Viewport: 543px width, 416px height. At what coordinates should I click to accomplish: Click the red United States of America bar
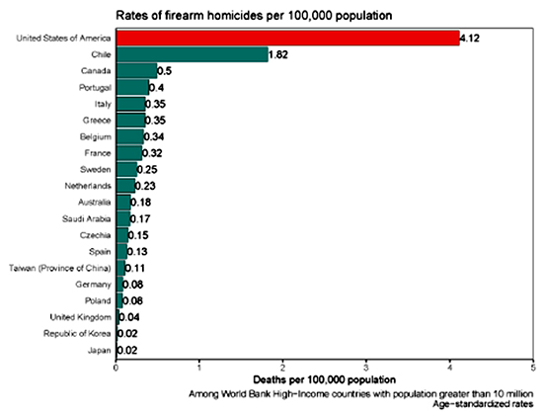pyautogui.click(x=287, y=38)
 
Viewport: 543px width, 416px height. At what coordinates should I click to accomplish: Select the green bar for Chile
pyautogui.click(x=193, y=54)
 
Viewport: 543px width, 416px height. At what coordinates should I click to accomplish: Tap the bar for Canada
pyautogui.click(x=137, y=71)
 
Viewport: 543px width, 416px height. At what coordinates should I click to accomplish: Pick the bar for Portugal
pyautogui.click(x=132, y=87)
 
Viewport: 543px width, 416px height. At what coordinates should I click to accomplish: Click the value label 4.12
pyautogui.click(x=470, y=39)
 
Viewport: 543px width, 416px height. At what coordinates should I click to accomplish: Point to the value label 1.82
pyautogui.click(x=278, y=54)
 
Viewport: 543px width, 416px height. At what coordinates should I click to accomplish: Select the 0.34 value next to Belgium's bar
pyautogui.click(x=154, y=136)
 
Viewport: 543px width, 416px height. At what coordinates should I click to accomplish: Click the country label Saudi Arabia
pyautogui.click(x=86, y=218)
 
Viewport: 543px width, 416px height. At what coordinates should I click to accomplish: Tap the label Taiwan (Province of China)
pyautogui.click(x=60, y=268)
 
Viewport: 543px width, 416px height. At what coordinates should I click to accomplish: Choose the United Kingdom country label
pyautogui.click(x=80, y=317)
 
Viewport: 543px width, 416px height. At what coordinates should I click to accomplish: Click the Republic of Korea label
pyautogui.click(x=77, y=334)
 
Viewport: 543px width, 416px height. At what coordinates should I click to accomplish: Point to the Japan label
pyautogui.click(x=100, y=350)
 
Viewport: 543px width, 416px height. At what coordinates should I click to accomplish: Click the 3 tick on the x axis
pyautogui.click(x=366, y=368)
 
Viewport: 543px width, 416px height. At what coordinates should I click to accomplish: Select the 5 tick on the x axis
pyautogui.click(x=533, y=368)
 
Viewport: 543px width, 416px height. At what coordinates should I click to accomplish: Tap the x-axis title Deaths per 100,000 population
pyautogui.click(x=325, y=379)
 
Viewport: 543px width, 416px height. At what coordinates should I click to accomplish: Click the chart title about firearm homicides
pyautogui.click(x=254, y=16)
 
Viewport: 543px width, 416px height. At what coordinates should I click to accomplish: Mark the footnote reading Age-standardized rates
pyautogui.click(x=483, y=404)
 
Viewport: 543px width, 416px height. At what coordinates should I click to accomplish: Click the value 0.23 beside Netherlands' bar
pyautogui.click(x=145, y=186)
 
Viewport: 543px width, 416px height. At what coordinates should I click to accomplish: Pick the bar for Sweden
pyautogui.click(x=126, y=169)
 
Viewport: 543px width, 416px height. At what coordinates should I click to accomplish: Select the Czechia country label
pyautogui.click(x=95, y=235)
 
